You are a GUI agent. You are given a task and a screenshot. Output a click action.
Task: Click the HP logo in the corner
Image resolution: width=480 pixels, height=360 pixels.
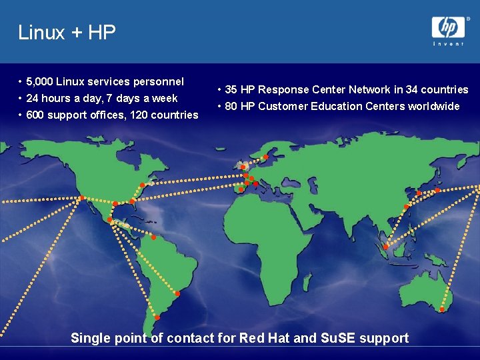(448, 27)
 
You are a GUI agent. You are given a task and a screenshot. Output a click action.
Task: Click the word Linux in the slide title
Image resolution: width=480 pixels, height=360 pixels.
(41, 32)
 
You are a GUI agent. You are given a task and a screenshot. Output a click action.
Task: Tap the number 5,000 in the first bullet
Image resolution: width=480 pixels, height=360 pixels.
(39, 82)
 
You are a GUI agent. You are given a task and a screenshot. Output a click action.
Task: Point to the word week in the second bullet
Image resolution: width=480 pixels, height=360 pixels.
(165, 99)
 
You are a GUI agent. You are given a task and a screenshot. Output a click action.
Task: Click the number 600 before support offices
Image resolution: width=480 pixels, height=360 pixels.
(35, 115)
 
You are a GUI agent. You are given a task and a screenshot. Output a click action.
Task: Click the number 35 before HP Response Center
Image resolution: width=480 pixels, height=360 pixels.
(231, 90)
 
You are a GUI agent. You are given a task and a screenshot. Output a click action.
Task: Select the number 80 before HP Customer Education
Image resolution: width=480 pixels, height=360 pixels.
(231, 107)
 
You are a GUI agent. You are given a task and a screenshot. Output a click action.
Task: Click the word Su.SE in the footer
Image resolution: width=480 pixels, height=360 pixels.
(338, 338)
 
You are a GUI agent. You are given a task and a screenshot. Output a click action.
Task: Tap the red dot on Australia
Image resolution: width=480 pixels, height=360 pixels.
(443, 309)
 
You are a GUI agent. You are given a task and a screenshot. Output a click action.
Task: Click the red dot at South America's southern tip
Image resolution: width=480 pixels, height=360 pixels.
(157, 317)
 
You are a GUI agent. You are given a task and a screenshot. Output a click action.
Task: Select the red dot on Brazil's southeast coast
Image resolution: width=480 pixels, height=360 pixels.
(177, 293)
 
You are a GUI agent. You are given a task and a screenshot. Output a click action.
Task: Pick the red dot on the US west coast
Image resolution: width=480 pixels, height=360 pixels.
(82, 198)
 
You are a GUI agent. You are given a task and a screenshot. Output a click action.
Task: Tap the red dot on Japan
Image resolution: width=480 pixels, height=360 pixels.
(438, 190)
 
